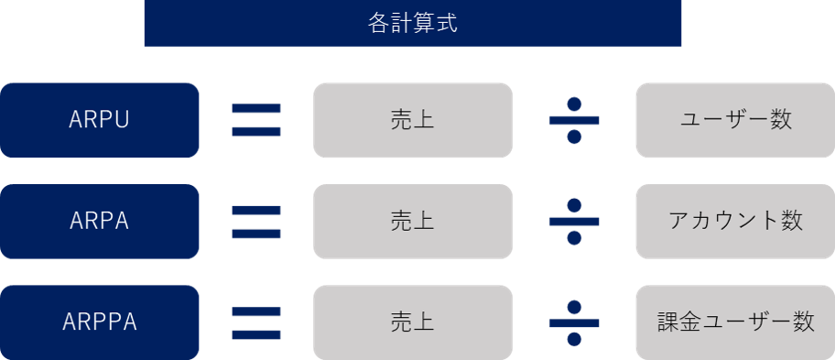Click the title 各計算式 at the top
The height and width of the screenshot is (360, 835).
pos(412,23)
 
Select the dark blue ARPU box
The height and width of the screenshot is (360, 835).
pos(100,120)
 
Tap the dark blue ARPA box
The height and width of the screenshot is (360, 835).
pos(100,221)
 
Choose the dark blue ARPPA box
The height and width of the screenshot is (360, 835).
pos(100,322)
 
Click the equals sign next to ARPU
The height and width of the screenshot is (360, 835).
pos(256,120)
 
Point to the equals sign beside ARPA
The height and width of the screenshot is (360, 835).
pos(256,222)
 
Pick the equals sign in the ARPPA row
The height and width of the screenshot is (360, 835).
pos(256,322)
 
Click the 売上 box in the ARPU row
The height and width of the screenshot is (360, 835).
pos(412,120)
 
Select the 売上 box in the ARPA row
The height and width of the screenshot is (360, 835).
pos(412,221)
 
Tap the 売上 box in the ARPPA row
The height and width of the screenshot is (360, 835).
pos(412,322)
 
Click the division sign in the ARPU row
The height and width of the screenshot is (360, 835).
pos(574,120)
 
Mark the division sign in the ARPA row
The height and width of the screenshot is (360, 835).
pos(574,221)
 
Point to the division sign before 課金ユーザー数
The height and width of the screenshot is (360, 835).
pos(574,322)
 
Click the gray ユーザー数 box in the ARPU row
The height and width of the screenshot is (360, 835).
pos(735,120)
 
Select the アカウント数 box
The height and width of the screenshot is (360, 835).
pos(735,221)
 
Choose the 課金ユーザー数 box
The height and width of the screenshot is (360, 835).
pos(735,322)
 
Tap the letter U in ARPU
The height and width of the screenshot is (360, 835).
pos(122,120)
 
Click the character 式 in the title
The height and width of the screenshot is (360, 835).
pos(446,23)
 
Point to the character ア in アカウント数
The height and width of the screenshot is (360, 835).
pos(678,222)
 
